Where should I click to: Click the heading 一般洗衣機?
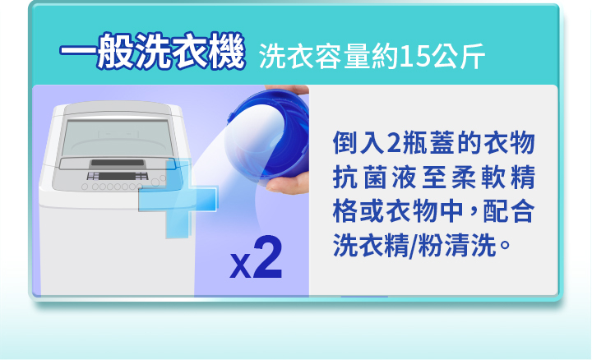pos(153,55)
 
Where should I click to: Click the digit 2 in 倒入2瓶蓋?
pos(392,142)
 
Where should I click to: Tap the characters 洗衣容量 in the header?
pos(313,58)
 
